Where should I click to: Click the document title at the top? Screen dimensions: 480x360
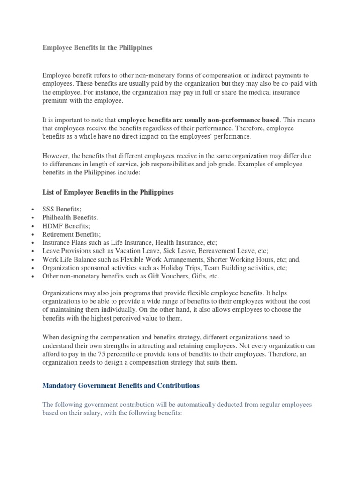click(97, 48)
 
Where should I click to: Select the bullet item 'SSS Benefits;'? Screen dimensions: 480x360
click(62, 210)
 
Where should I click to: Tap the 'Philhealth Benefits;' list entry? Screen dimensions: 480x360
click(70, 218)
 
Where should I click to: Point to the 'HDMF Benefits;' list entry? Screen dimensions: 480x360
click(66, 226)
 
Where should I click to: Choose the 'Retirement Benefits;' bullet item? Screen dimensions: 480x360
click(71, 234)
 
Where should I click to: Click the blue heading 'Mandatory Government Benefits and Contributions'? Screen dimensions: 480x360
click(121, 386)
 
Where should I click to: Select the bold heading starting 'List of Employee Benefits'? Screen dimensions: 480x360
click(108, 192)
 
